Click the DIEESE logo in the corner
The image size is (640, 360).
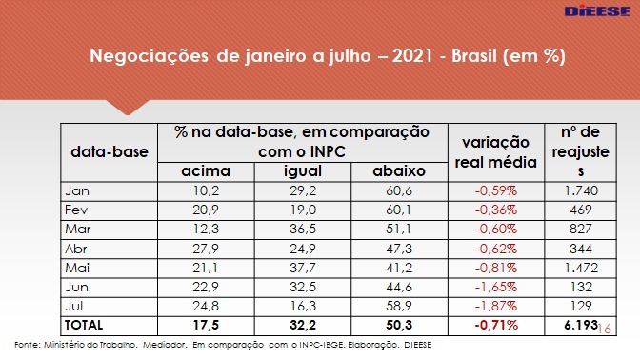click(597, 11)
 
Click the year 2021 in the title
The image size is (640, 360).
click(412, 56)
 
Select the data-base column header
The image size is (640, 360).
click(110, 151)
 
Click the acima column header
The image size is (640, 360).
click(206, 171)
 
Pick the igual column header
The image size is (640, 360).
click(303, 171)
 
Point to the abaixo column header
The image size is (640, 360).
click(399, 171)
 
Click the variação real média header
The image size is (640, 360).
click(496, 152)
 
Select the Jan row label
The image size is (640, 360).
click(77, 190)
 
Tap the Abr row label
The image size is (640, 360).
click(76, 249)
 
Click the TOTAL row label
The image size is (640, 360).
click(84, 326)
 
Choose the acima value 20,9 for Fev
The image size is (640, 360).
click(206, 210)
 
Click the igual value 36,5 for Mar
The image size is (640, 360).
click(303, 229)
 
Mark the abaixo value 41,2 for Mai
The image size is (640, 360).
click(399, 268)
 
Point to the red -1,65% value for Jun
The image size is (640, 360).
click(496, 287)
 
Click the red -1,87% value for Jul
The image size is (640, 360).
click(496, 306)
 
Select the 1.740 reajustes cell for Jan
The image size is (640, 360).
click(581, 190)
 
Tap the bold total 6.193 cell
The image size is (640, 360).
click(581, 326)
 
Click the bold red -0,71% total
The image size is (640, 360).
click(496, 326)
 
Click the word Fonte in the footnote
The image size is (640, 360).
click(27, 345)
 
